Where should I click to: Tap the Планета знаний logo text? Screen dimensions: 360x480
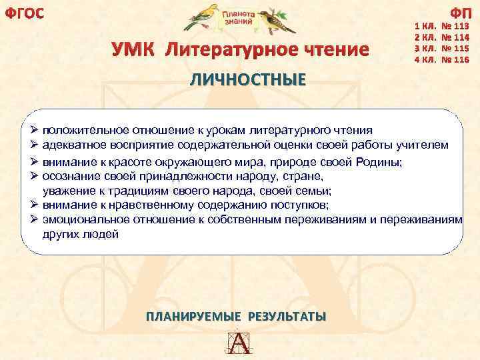click(x=239, y=17)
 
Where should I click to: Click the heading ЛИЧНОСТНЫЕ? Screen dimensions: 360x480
click(x=248, y=80)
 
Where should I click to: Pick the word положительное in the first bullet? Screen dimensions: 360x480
click(x=87, y=129)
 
